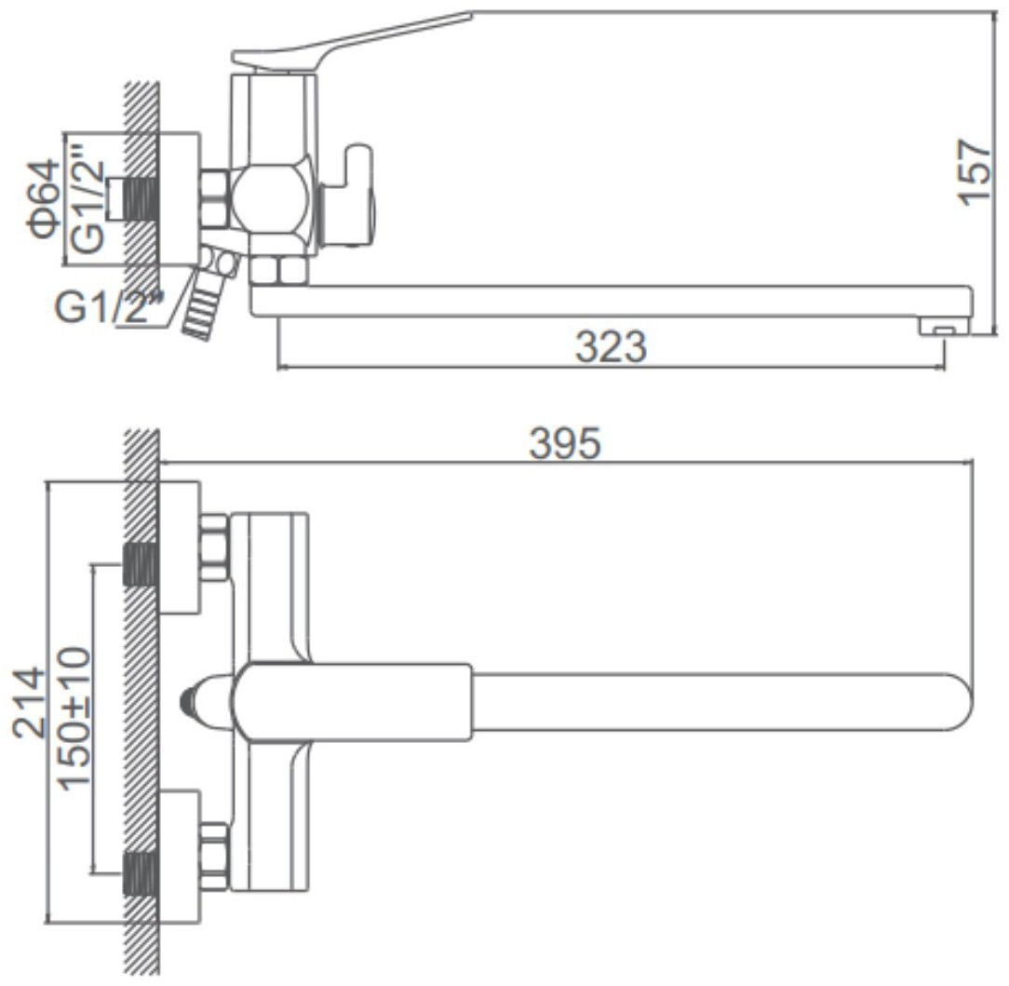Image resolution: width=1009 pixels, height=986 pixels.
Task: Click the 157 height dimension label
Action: [975, 172]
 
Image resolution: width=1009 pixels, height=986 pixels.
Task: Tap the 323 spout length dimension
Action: [610, 346]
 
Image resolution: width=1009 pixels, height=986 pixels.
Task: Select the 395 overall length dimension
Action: [565, 443]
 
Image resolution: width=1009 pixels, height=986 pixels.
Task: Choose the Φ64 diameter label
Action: [43, 199]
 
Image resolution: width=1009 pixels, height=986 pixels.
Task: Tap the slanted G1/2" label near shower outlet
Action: [110, 306]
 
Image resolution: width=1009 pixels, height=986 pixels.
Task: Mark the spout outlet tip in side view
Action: [943, 327]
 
